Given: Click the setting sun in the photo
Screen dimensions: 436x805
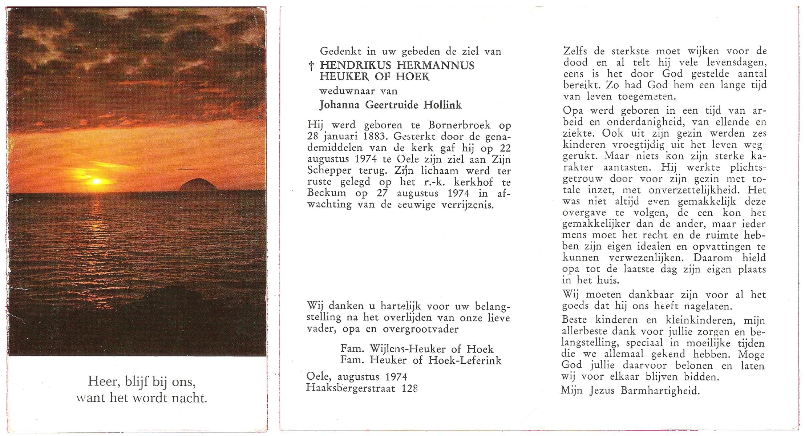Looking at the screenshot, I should click(x=97, y=181).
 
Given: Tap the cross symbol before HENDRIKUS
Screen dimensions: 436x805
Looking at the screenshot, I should click(x=311, y=66).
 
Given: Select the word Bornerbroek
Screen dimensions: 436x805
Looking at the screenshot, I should click(x=459, y=125).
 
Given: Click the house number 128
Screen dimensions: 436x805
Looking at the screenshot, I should click(x=409, y=388).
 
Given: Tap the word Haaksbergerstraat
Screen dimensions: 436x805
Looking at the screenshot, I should click(x=351, y=388).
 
